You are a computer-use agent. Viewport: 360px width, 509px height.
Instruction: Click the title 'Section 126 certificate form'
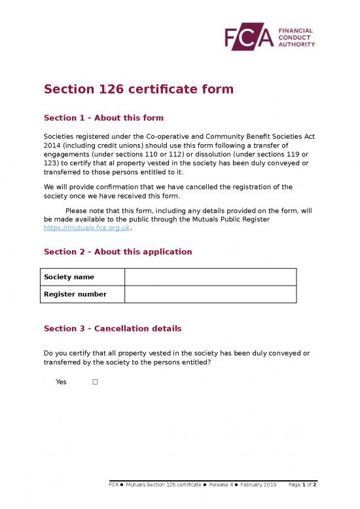pos(138,89)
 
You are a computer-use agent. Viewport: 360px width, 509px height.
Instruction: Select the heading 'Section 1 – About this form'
pos(103,118)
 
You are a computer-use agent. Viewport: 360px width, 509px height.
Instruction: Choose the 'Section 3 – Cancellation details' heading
pos(112,328)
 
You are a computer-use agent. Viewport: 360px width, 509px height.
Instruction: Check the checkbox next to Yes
pos(95,382)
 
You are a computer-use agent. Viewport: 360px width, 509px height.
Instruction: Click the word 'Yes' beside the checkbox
pos(61,382)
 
